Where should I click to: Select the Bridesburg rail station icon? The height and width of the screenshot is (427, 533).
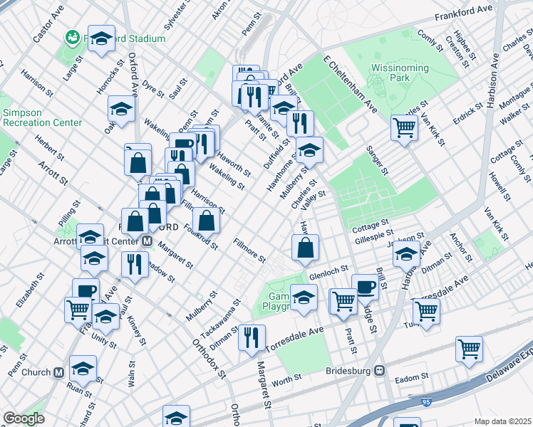point(381,370)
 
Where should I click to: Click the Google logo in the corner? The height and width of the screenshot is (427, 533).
point(24,418)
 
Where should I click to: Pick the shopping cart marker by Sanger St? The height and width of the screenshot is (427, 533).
point(404,127)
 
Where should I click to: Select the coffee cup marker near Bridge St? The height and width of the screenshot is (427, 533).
point(365,287)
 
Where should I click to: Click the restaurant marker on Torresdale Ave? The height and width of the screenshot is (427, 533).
point(252,337)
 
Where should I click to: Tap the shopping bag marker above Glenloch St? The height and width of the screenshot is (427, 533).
point(305,247)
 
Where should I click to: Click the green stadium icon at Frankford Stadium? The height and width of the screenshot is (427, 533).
point(71,36)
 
